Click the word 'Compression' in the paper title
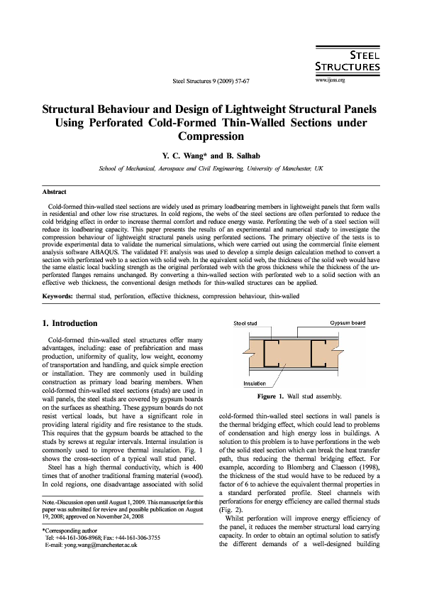coord(211,136)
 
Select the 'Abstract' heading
coord(55,192)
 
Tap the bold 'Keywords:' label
coord(57,295)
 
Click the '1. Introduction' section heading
coord(75,322)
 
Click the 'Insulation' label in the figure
coord(254,384)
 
